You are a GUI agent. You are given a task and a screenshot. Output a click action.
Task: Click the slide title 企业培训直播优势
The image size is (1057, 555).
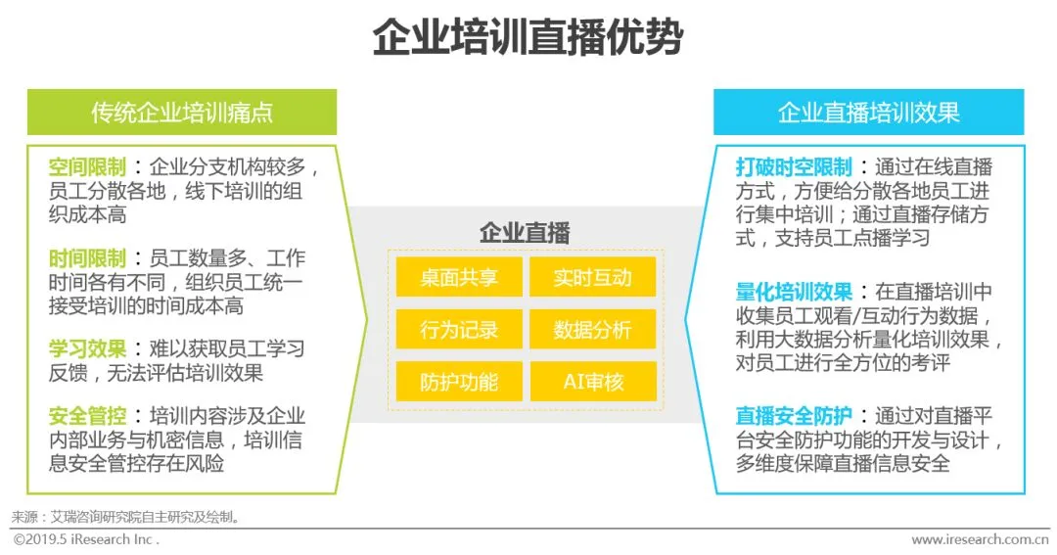(528, 40)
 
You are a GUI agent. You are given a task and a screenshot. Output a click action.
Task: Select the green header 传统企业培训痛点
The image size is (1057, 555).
(182, 113)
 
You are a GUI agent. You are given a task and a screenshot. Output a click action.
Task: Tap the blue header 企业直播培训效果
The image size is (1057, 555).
(868, 113)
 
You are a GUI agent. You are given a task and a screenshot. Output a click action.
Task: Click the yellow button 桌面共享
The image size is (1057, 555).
(459, 277)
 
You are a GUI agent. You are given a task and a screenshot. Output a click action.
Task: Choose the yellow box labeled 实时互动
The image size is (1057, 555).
(592, 277)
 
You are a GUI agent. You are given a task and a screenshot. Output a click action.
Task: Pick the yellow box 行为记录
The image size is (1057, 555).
(459, 330)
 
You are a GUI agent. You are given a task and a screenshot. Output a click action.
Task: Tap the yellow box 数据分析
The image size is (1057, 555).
(592, 330)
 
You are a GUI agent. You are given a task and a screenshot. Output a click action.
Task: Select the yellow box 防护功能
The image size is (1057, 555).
(459, 382)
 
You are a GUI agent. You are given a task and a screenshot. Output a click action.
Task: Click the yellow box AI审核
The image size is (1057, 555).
(592, 382)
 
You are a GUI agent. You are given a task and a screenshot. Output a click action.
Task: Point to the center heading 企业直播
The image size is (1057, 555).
(526, 233)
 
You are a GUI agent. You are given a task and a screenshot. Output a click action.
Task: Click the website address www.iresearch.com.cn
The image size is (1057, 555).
(980, 539)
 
